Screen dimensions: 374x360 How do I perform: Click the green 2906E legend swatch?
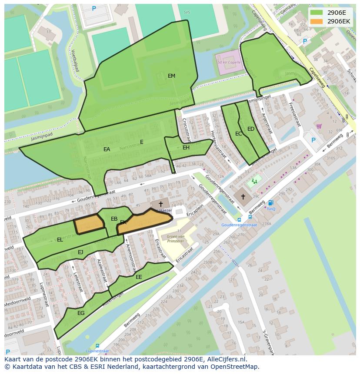[317, 13]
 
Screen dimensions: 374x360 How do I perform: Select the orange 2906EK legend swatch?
[317, 21]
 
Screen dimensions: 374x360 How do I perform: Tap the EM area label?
[171, 76]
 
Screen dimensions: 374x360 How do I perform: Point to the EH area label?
[186, 148]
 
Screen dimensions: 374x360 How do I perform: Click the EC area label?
[238, 134]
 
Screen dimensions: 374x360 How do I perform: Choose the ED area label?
[251, 129]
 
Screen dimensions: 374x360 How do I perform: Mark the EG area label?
[81, 313]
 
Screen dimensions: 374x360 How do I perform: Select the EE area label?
[139, 277]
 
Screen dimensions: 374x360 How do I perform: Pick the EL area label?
[60, 240]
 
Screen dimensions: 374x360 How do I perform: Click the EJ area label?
[80, 252]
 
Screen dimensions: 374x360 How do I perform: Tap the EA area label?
[107, 149]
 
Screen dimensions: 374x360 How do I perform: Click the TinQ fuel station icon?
[271, 202]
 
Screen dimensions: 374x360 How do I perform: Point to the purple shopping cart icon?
[319, 126]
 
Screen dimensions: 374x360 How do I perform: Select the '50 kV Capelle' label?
[229, 62]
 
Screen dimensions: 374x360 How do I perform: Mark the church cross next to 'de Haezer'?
[160, 204]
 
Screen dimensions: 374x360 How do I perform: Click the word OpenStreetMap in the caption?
[236, 367]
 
